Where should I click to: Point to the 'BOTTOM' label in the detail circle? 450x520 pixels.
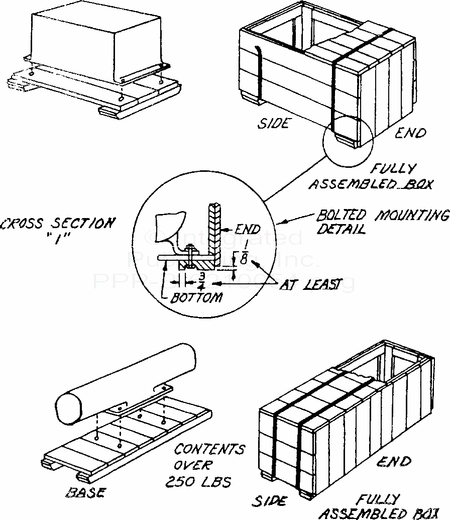(196, 297)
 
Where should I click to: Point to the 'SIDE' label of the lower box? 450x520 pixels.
(269, 501)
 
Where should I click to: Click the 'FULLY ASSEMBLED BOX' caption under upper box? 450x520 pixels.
(371, 176)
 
